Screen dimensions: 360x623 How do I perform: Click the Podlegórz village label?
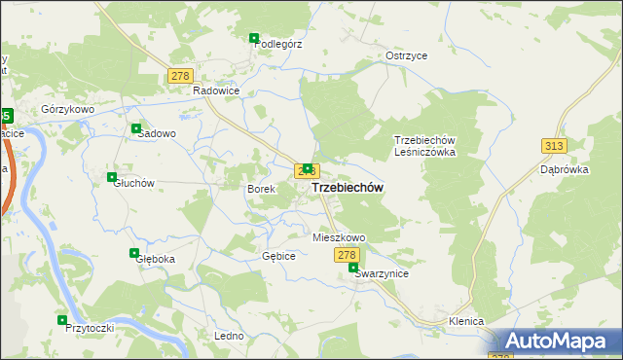pyautogui.click(x=278, y=43)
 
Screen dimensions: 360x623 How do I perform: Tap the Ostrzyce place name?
pyautogui.click(x=407, y=55)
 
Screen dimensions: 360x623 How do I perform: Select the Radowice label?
pyautogui.click(x=216, y=90)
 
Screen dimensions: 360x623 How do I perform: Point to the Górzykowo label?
pyautogui.click(x=67, y=109)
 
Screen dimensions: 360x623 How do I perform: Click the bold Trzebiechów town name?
pyautogui.click(x=348, y=187)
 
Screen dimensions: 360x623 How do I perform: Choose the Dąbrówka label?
pyautogui.click(x=588, y=167)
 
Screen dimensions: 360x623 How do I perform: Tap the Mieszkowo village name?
pyautogui.click(x=339, y=237)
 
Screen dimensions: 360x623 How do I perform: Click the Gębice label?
pyautogui.click(x=278, y=256)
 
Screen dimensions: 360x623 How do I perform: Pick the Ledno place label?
pyautogui.click(x=229, y=336)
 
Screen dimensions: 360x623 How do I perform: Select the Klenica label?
pyautogui.click(x=466, y=320)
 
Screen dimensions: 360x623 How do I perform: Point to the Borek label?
pyautogui.click(x=261, y=188)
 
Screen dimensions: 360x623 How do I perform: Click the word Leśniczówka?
pyautogui.click(x=424, y=153)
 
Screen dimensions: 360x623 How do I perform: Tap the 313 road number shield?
pyautogui.click(x=554, y=145)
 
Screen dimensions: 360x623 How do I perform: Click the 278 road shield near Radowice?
pyautogui.click(x=180, y=75)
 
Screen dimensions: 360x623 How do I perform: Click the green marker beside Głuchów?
pyautogui.click(x=112, y=177)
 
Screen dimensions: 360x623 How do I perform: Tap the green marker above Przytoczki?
pyautogui.click(x=62, y=319)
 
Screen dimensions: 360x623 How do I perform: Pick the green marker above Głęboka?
pyautogui.click(x=134, y=253)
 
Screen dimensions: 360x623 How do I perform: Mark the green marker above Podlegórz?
pyautogui.click(x=254, y=38)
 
